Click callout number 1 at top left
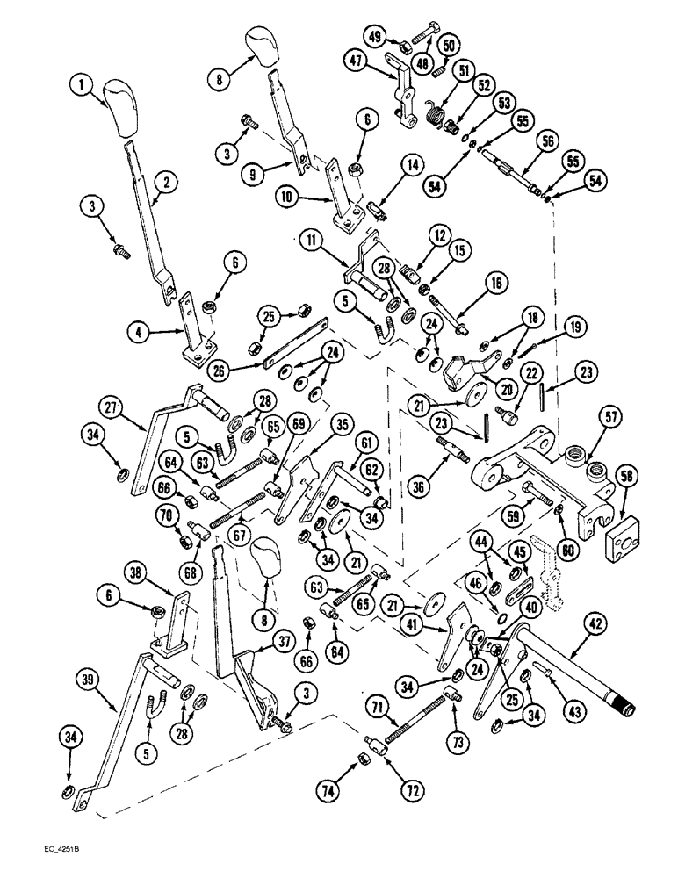coord(81,85)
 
